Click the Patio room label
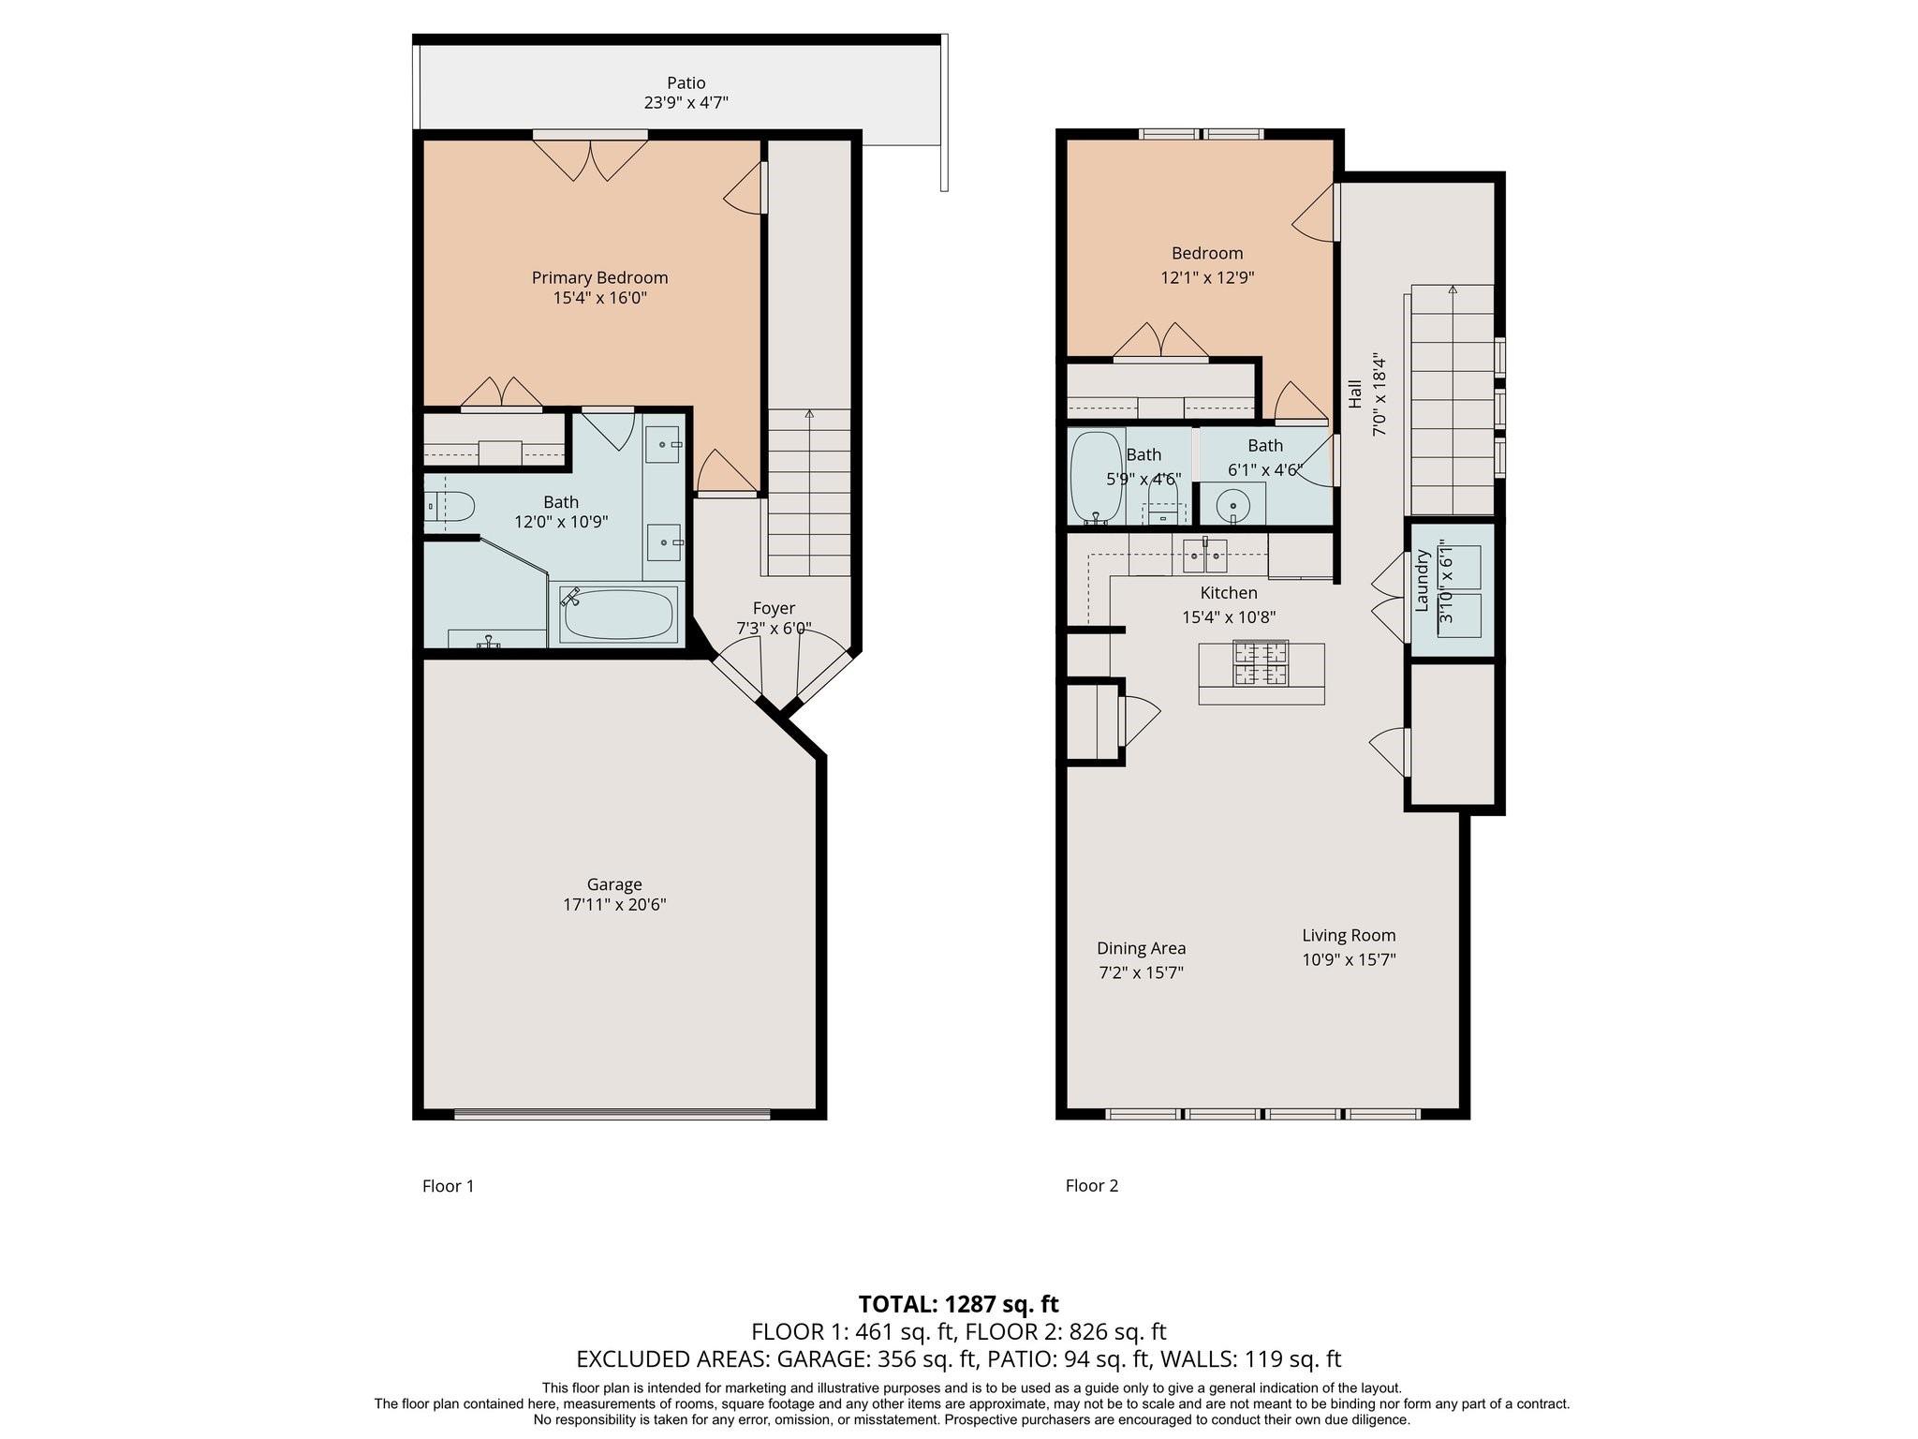point(686,83)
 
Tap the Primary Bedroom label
point(599,277)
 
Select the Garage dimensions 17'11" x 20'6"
point(613,905)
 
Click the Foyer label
point(774,608)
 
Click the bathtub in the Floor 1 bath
point(618,614)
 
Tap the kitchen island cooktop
point(1261,663)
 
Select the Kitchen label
point(1229,593)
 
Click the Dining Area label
point(1141,948)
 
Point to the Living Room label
point(1349,935)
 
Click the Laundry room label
point(1423,581)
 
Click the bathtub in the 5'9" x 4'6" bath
point(1097,477)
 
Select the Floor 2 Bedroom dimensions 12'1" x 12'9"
point(1207,277)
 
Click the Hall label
point(1354,393)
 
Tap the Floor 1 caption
point(448,1186)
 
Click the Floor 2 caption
point(1092,1185)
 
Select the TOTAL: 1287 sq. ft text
point(959,1304)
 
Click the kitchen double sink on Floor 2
point(1205,555)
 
